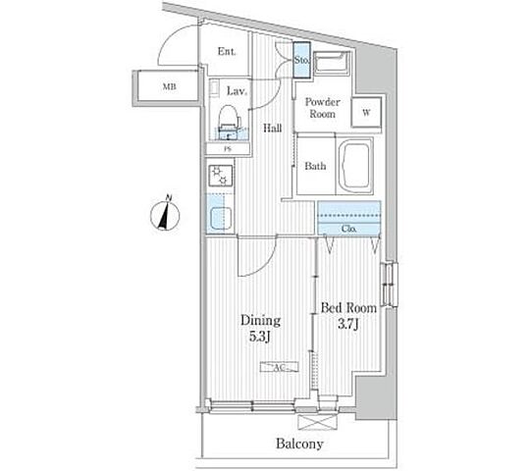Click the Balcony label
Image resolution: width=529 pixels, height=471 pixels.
pos(299,444)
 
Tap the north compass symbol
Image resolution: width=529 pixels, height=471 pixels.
pos(165,214)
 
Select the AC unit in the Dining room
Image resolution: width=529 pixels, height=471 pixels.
pos(280,367)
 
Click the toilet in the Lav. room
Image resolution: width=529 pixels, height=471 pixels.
pos(229,121)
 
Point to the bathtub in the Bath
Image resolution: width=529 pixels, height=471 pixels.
pos(355,166)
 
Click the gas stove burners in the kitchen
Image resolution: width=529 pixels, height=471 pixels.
pos(221,176)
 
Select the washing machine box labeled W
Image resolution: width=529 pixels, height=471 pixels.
pos(366,112)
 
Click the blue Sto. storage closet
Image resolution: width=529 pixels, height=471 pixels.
pos(301,60)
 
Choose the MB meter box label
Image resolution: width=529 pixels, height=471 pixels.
pos(170,87)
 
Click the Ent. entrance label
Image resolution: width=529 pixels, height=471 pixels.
pos(227,52)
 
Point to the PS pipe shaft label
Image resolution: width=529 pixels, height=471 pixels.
pos(228,148)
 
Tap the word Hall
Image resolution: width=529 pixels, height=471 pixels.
pos(273,128)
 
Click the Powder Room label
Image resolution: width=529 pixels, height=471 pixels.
pos(323,108)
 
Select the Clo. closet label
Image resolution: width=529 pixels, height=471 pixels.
pos(348,229)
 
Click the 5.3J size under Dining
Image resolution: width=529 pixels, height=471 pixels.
pos(260,337)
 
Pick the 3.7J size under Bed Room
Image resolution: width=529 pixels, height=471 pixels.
pos(348,324)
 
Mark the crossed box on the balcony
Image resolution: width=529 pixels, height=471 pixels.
pos(318,422)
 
